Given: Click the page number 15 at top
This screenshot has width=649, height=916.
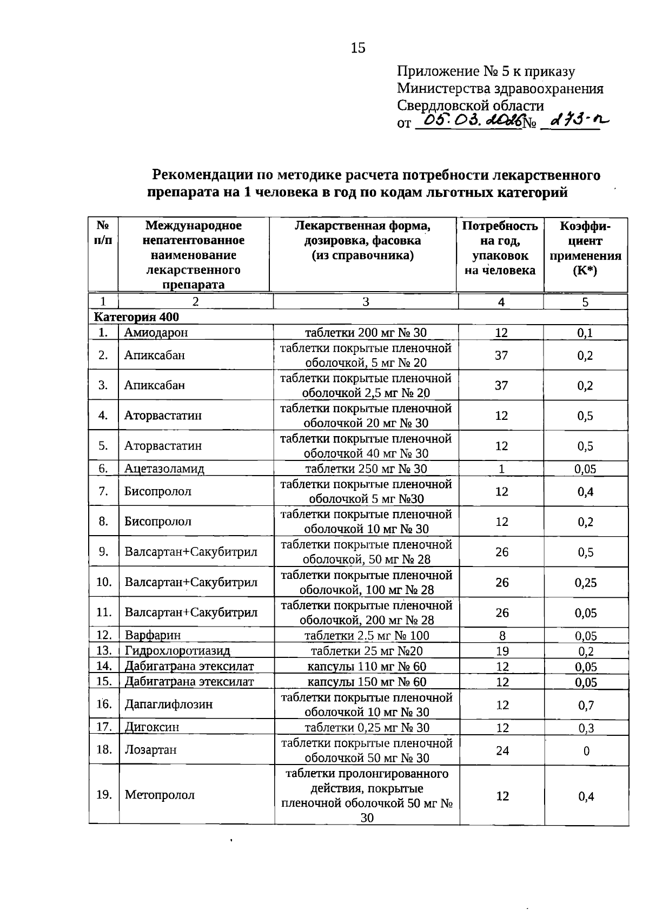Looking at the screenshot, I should pyautogui.click(x=358, y=48).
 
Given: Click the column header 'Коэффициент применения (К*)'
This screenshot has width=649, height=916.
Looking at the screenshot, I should pyautogui.click(x=585, y=248).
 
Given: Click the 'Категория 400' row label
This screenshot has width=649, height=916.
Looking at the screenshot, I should pyautogui.click(x=136, y=317).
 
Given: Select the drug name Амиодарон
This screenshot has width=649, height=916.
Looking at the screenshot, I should pyautogui.click(x=156, y=333).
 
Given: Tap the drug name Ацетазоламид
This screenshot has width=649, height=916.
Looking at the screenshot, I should pyautogui.click(x=164, y=469).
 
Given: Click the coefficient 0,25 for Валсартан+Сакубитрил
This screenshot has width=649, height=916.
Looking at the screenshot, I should pyautogui.click(x=586, y=583).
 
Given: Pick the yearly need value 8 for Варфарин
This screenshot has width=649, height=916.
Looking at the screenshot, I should pyautogui.click(x=502, y=635).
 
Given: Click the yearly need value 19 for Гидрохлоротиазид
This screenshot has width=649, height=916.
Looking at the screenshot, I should pyautogui.click(x=502, y=651).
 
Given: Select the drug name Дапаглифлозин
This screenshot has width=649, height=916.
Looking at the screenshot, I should pyautogui.click(x=168, y=704).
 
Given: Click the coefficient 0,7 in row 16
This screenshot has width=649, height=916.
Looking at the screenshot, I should pyautogui.click(x=586, y=705).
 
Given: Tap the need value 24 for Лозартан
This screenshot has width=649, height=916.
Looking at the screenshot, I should pyautogui.click(x=502, y=750).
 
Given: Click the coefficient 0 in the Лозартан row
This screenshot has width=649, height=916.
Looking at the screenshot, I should pyautogui.click(x=586, y=750).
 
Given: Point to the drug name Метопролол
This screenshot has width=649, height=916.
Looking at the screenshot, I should pyautogui.click(x=160, y=795).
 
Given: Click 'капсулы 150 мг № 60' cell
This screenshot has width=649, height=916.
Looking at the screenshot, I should pyautogui.click(x=367, y=682).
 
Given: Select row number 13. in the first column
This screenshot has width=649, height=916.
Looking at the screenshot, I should pyautogui.click(x=104, y=650).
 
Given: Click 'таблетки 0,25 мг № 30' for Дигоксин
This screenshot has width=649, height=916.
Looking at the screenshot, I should pyautogui.click(x=367, y=727).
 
